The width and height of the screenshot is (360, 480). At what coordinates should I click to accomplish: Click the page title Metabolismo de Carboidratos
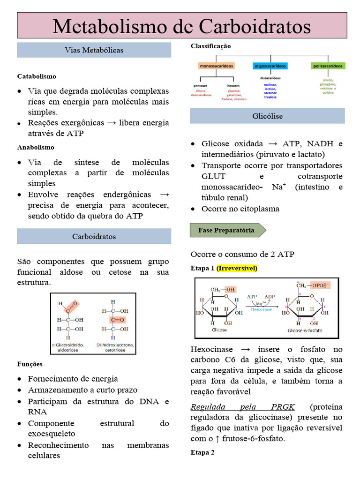182,26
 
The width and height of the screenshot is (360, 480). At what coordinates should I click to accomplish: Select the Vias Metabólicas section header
94,50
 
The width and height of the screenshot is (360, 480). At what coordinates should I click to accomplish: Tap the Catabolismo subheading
37,76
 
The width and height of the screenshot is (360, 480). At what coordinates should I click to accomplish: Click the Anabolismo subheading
36,147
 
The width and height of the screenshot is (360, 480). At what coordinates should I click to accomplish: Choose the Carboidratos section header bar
94,236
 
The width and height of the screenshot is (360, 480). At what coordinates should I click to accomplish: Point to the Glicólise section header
267,116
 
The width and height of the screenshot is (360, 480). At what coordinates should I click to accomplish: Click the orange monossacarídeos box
217,66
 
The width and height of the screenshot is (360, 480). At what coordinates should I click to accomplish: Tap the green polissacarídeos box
328,66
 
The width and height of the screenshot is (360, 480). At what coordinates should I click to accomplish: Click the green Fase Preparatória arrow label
227,230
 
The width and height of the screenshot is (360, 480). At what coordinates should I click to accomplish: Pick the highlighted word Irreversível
237,268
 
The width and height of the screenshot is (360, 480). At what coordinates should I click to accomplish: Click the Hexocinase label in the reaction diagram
262,309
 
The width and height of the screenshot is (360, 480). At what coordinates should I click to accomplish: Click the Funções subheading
30,364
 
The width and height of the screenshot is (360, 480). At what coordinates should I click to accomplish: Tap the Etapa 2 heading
202,452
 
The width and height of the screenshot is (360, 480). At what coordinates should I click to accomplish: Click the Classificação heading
210,46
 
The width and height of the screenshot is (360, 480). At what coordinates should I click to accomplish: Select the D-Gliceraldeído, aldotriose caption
72,347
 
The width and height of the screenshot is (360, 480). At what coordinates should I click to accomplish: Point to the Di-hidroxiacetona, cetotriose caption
115,347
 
